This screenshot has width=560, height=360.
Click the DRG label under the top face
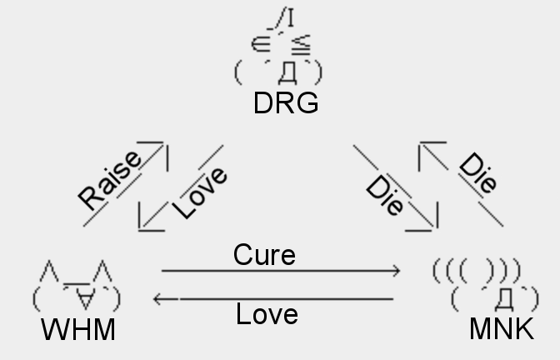[286, 103]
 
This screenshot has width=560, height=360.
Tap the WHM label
[78, 330]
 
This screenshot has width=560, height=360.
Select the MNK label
[502, 329]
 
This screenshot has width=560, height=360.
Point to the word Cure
[264, 254]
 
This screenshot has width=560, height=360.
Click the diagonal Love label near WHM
[200, 192]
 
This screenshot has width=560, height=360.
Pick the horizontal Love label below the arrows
[267, 314]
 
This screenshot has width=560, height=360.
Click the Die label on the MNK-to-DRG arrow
[477, 173]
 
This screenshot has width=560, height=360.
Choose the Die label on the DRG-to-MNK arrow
[386, 197]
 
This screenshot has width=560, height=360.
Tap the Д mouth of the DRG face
[287, 74]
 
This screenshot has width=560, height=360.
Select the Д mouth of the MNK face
[502, 297]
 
